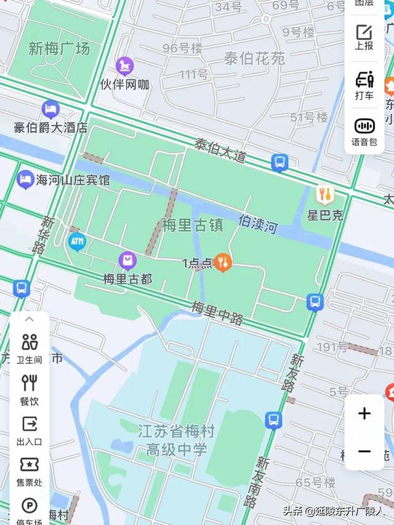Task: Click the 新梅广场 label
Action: [59, 49]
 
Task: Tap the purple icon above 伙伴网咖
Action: [125, 66]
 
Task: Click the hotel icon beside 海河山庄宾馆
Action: [25, 180]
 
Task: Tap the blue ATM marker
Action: [77, 242]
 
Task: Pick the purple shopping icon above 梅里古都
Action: [127, 261]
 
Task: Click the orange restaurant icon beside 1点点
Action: [223, 263]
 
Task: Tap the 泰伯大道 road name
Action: [220, 151]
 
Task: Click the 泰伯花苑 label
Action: [254, 58]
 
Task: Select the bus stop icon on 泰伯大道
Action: [279, 163]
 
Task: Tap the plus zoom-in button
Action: [364, 413]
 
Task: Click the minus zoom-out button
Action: [364, 452]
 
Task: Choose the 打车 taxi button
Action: [364, 85]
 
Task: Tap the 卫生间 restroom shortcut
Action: [30, 348]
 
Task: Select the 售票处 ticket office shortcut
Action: [30, 470]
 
